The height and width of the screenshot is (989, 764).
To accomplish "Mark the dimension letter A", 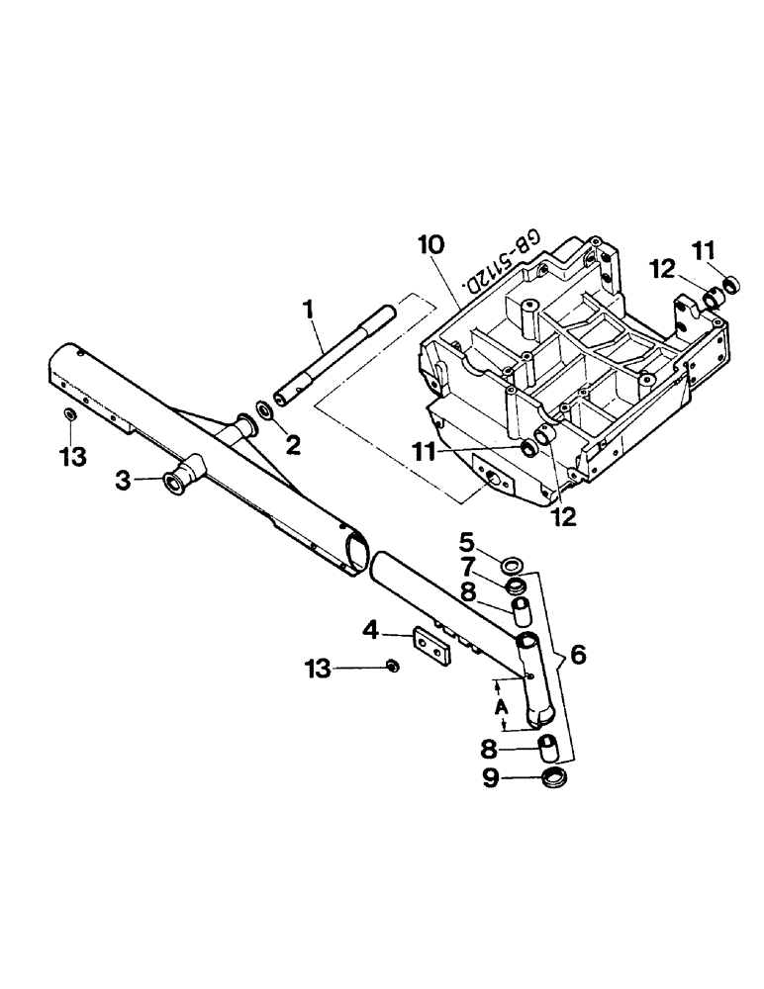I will click(503, 708).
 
